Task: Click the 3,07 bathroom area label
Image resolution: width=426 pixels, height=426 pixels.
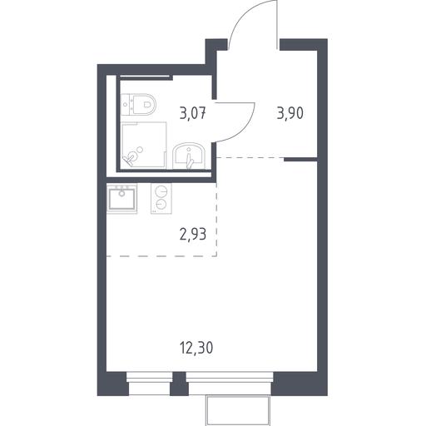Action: [193, 114]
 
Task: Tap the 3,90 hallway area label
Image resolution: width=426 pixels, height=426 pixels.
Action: [290, 113]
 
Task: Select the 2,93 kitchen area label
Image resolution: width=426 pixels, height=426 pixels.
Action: [193, 235]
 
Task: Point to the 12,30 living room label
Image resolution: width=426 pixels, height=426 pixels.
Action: [196, 348]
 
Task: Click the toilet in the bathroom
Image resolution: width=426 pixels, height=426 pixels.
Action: [139, 104]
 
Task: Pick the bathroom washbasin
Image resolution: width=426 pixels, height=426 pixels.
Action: [189, 156]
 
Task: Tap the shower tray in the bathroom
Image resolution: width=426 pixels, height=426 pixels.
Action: [144, 145]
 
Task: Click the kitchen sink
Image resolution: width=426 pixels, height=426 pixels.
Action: [122, 199]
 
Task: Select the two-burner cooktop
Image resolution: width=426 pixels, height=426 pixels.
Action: [161, 198]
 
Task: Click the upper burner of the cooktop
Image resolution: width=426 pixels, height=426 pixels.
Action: [161, 191]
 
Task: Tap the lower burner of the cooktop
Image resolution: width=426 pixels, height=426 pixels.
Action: [161, 205]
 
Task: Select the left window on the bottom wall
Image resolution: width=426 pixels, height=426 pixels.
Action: [149, 384]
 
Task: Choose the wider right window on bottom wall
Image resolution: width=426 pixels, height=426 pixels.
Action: [230, 384]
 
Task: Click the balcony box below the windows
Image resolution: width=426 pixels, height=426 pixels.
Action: [238, 410]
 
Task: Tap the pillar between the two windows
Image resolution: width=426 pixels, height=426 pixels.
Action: [179, 384]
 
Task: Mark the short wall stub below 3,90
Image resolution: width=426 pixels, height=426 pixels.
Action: [300, 160]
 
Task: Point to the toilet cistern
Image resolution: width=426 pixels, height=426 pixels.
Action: [126, 104]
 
